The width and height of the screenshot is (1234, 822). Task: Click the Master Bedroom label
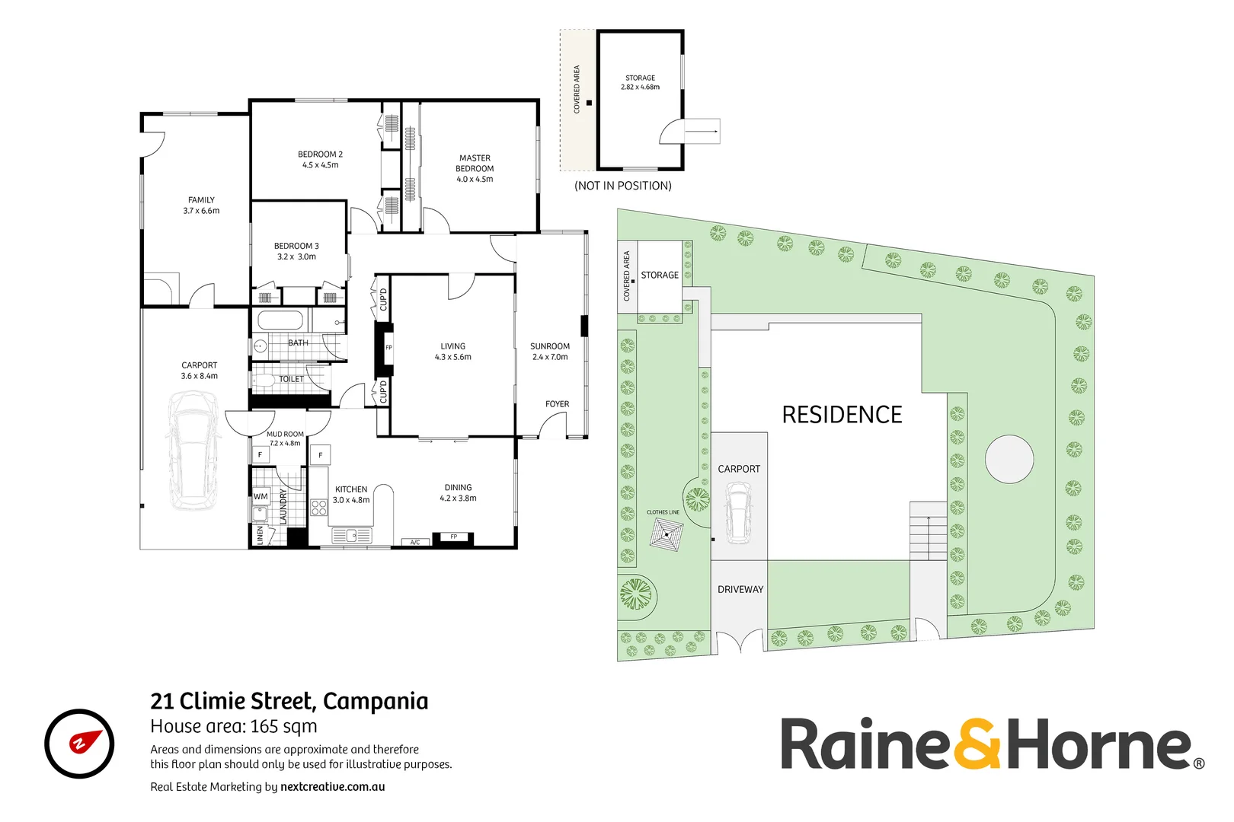point(475,163)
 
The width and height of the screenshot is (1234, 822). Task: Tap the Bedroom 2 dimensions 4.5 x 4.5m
point(320,165)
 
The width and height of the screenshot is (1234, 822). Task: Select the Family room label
point(201,200)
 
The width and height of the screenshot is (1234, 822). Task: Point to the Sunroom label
point(549,346)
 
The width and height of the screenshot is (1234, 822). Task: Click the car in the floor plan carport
point(193,449)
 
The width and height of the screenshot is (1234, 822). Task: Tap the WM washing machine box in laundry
point(261,496)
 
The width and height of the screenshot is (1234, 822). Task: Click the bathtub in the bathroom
point(280,320)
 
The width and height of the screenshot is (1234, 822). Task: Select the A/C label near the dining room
point(415,542)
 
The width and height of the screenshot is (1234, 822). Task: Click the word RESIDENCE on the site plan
point(842,415)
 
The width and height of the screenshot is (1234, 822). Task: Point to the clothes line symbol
point(667,534)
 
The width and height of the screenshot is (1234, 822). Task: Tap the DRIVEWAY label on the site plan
point(740,589)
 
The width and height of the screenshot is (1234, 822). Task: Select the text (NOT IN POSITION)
point(622,186)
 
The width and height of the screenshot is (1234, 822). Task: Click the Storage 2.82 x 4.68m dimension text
point(640,88)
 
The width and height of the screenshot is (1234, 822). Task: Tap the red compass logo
point(79,744)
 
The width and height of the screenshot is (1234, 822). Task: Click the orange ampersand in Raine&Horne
point(978,744)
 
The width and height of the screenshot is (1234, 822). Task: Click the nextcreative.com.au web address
point(332,787)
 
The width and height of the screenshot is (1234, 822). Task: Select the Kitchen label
point(351,489)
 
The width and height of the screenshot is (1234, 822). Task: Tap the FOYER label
point(557,404)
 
